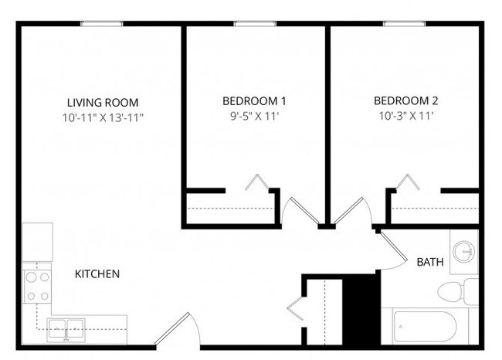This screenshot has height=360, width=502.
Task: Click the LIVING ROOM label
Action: pyautogui.click(x=103, y=102)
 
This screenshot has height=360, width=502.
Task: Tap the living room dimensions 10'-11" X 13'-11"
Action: pyautogui.click(x=103, y=117)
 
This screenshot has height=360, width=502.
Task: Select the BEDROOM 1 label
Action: pyautogui.click(x=254, y=101)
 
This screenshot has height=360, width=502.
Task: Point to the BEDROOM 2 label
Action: pyautogui.click(x=405, y=101)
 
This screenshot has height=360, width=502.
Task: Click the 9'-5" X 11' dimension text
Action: pyautogui.click(x=254, y=117)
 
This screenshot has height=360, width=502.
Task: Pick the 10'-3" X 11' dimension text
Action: pyautogui.click(x=405, y=117)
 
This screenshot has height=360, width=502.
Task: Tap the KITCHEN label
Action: pyautogui.click(x=97, y=274)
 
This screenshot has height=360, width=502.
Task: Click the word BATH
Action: pyautogui.click(x=430, y=263)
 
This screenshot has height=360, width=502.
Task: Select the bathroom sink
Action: pyautogui.click(x=463, y=252)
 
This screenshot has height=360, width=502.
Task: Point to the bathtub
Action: pyautogui.click(x=429, y=328)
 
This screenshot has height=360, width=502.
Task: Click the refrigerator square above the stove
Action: pyautogui.click(x=36, y=242)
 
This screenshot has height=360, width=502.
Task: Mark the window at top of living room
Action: pyautogui.click(x=102, y=24)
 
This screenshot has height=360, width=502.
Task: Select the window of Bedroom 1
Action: pyautogui.click(x=255, y=24)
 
